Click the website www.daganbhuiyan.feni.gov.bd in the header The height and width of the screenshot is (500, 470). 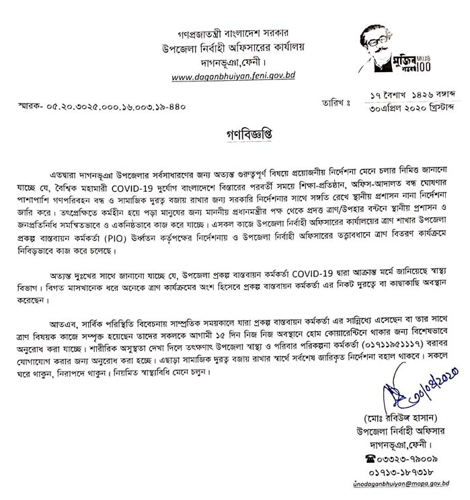233,77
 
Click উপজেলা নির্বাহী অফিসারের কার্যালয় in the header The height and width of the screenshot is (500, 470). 233,48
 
